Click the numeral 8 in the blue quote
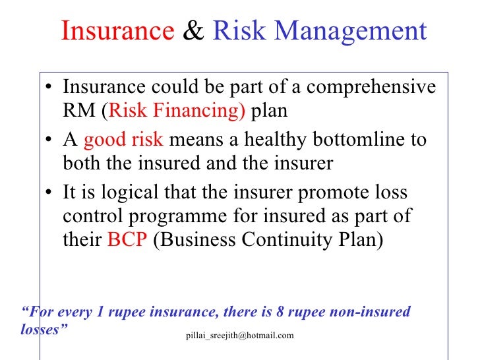point(267,312)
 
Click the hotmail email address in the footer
point(241,336)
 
